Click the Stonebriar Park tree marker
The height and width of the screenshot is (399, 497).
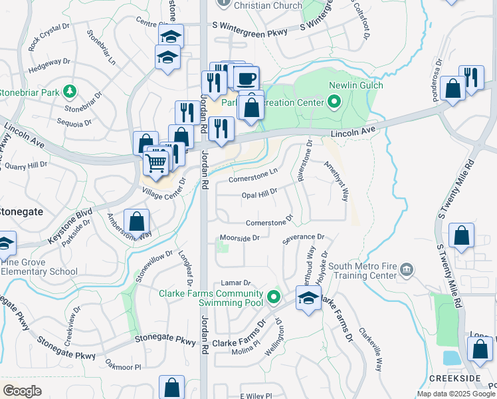click(x=68, y=92)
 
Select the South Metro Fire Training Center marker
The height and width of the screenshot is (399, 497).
click(x=407, y=269)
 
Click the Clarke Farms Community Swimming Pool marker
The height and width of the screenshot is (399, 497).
click(x=272, y=297)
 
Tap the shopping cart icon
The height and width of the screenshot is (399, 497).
click(x=157, y=161)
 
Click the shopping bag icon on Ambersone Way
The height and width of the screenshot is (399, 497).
click(x=136, y=221)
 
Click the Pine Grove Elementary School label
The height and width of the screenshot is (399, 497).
click(x=40, y=267)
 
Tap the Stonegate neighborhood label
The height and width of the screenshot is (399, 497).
click(x=21, y=211)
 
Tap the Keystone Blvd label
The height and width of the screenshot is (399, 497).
click(x=69, y=228)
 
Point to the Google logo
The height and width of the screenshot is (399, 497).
click(x=23, y=391)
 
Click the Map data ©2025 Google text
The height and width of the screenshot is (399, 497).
click(x=456, y=394)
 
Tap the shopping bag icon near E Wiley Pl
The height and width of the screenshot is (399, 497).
click(x=172, y=387)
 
